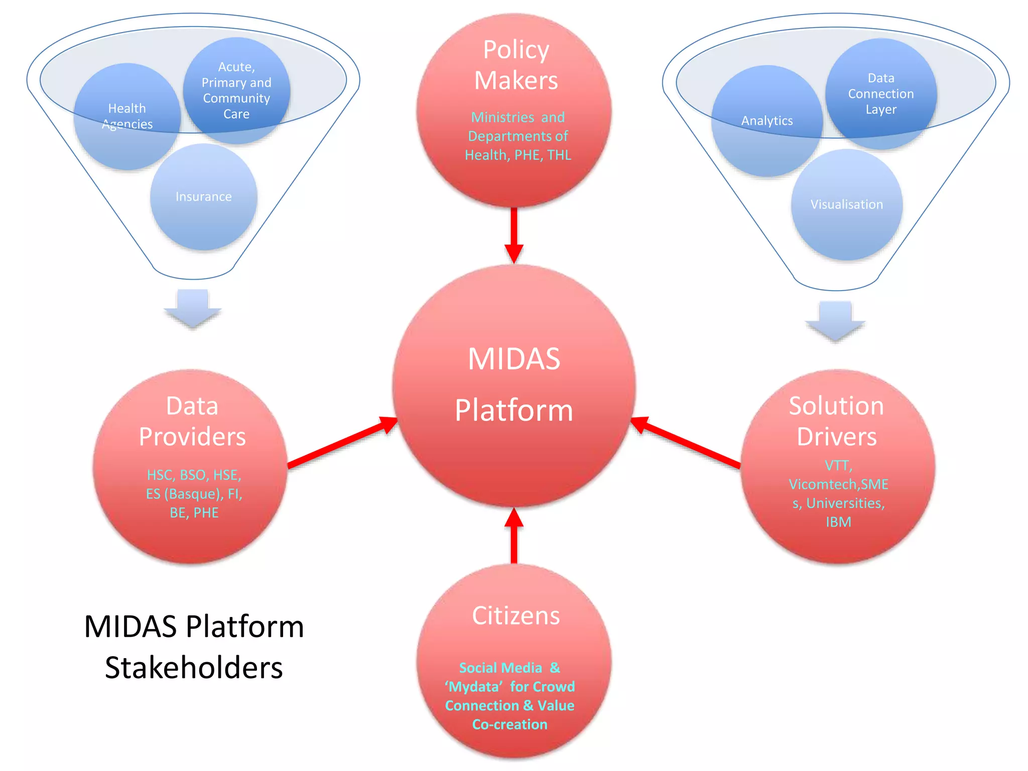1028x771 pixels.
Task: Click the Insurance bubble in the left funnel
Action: tap(203, 197)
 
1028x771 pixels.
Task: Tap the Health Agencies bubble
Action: tap(127, 116)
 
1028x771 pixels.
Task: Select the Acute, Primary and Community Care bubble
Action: tap(236, 90)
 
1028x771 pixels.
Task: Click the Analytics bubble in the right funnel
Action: tap(766, 121)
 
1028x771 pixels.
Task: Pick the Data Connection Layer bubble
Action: tap(881, 94)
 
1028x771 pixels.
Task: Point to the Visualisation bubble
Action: tap(847, 205)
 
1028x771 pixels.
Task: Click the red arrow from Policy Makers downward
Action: tap(514, 234)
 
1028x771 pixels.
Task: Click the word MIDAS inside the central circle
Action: tap(514, 359)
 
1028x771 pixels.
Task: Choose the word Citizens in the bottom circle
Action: tap(516, 616)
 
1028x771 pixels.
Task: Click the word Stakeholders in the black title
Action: tap(194, 668)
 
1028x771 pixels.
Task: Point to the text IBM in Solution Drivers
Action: tap(838, 522)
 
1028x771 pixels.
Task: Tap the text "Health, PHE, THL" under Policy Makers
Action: tap(518, 155)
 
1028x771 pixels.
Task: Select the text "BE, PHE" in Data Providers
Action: tap(194, 513)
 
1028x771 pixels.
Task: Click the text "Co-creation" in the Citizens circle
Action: tap(510, 724)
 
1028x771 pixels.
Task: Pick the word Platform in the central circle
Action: tap(514, 411)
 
